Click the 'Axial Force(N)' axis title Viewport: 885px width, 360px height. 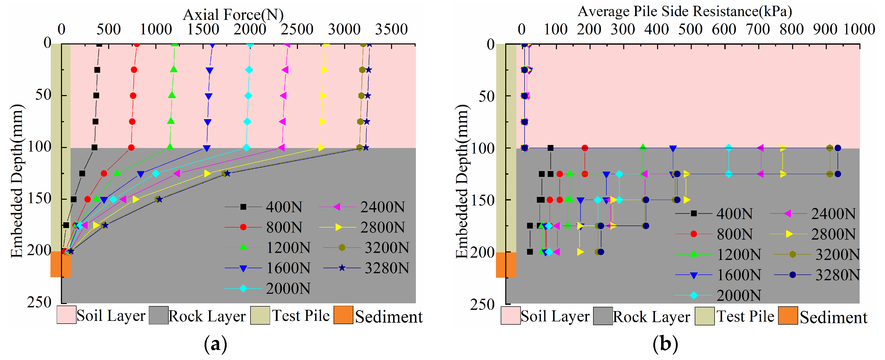coord(233,15)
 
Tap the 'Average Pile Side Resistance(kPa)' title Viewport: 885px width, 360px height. coord(685,12)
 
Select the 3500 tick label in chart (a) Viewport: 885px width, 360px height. coord(391,30)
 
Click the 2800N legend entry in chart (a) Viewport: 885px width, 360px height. coord(362,227)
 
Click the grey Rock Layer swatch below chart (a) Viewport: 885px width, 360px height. coord(159,315)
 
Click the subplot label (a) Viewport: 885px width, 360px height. coord(215,344)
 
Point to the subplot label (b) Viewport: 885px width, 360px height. coord(665,344)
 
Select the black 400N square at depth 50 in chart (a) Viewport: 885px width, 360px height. coord(96,96)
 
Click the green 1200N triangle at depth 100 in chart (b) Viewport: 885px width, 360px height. coord(643,147)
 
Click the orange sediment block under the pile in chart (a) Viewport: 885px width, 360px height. coord(60,264)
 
